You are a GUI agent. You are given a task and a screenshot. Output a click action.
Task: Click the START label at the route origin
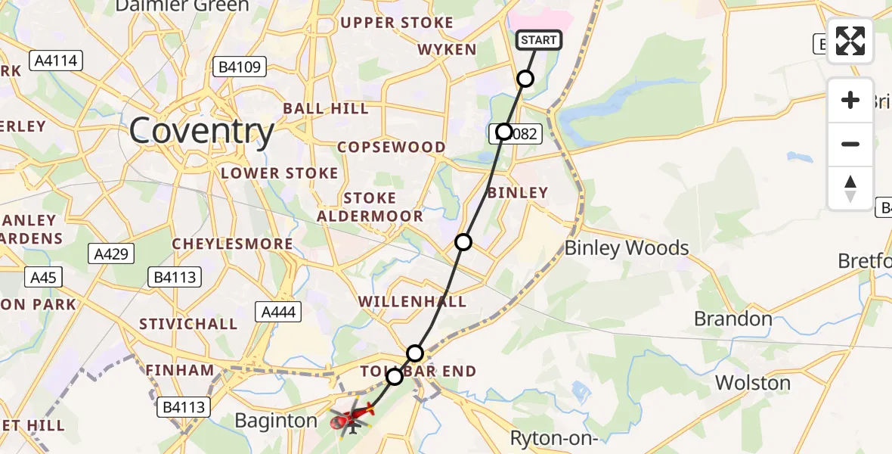(x=539, y=40)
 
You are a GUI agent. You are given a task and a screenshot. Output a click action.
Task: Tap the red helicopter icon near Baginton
(x=352, y=416)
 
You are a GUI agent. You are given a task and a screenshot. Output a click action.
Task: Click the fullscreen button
(x=850, y=41)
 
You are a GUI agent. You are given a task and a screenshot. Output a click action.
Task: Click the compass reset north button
(x=850, y=188)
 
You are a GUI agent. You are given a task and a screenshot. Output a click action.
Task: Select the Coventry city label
(x=201, y=132)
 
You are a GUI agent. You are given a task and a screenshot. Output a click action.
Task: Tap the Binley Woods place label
(x=627, y=247)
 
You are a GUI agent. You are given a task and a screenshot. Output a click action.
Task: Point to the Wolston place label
(x=753, y=382)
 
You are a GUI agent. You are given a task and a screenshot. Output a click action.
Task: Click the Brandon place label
(x=733, y=319)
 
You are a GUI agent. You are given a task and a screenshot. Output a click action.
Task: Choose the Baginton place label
(x=276, y=421)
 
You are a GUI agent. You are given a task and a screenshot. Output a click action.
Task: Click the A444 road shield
(x=280, y=311)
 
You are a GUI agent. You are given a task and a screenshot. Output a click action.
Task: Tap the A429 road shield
(x=113, y=253)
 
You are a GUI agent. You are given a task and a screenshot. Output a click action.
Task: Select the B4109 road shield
(x=240, y=67)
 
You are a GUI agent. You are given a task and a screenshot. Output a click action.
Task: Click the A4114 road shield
(x=56, y=61)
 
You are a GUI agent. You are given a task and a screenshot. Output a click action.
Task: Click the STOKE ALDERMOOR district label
(x=370, y=207)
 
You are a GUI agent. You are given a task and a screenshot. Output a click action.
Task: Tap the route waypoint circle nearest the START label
(x=525, y=79)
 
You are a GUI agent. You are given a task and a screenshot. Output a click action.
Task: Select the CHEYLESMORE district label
(x=232, y=244)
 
